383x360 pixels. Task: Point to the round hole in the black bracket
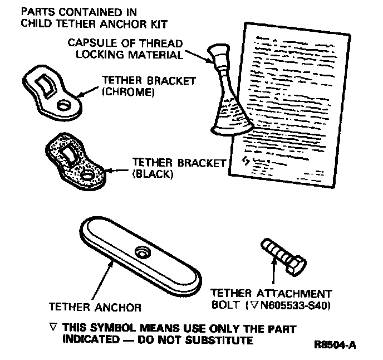click(x=88, y=176)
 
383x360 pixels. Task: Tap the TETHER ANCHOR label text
click(x=95, y=307)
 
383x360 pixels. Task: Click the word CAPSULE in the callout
click(x=87, y=43)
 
